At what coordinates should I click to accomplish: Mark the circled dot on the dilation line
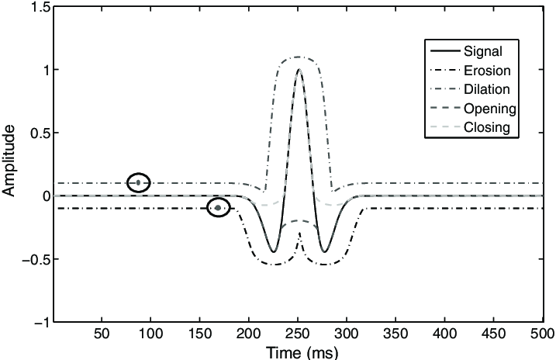[139, 183]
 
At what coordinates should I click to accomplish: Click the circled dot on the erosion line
[219, 208]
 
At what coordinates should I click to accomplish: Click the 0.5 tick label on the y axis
[40, 133]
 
